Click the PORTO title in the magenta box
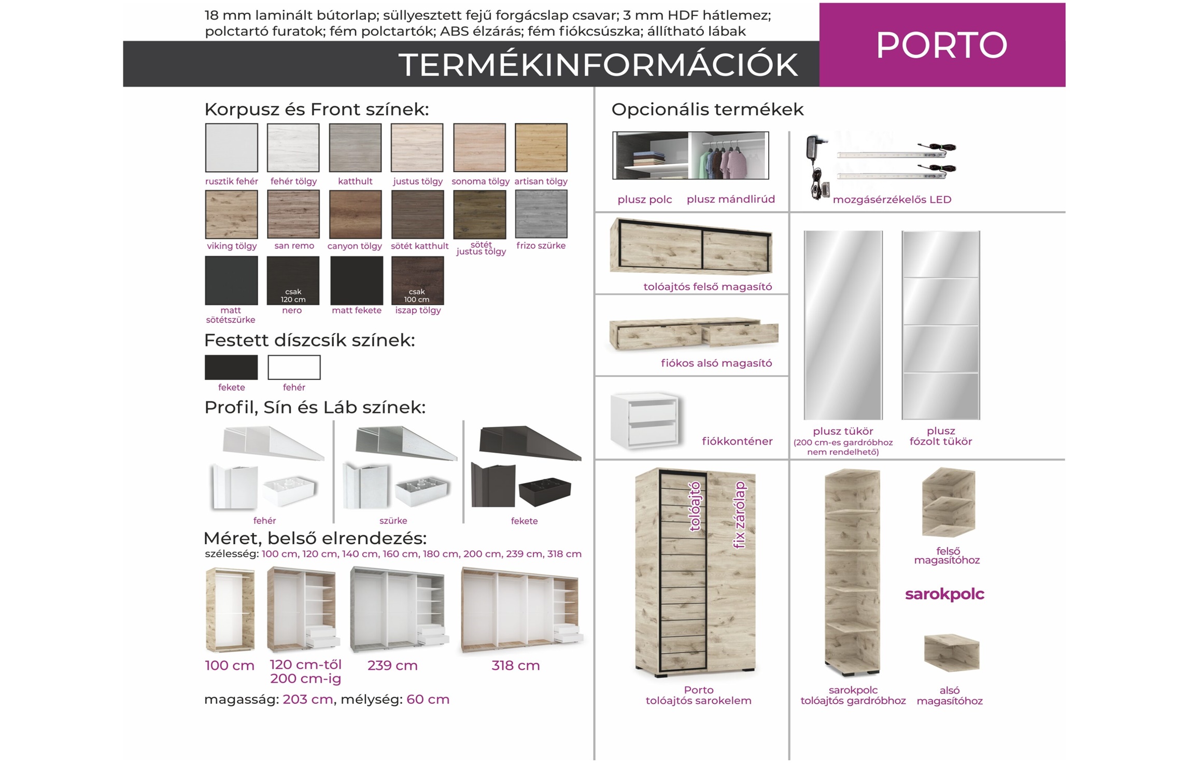pos(941,45)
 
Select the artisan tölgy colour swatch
pos(541,147)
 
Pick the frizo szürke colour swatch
pos(541,214)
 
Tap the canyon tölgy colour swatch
pos(355,214)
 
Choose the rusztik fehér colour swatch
pos(231,147)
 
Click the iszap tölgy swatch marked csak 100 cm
pos(417,280)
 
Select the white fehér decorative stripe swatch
pos(294,367)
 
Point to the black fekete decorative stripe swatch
pos(231,367)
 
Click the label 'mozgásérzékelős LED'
pos(892,200)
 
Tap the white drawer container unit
pos(645,420)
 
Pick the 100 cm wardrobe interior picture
pos(230,610)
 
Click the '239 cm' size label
pos(392,665)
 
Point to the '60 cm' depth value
pos(428,700)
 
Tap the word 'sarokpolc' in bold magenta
pos(944,594)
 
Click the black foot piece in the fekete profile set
pos(544,491)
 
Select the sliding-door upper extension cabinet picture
pos(691,247)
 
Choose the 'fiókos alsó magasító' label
pos(716,363)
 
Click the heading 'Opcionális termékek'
pos(707,109)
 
